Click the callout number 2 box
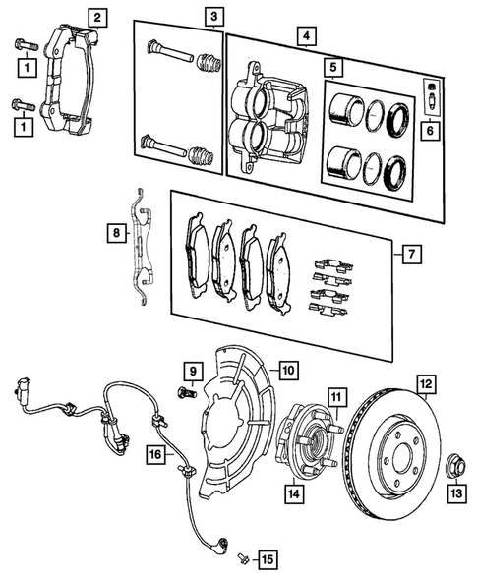click(96, 16)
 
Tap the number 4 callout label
click(308, 37)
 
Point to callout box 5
click(334, 68)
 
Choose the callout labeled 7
click(411, 255)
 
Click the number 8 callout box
click(117, 233)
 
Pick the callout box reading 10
click(287, 371)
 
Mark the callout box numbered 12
click(424, 384)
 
